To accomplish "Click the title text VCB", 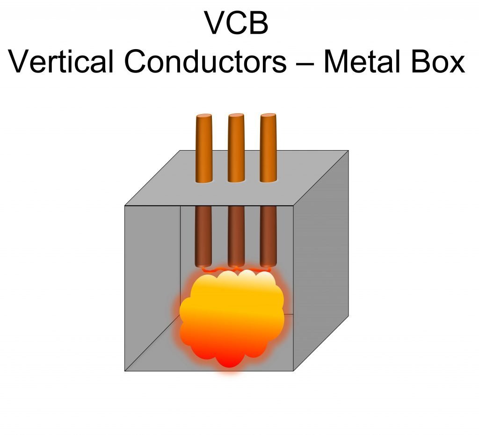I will (236, 23).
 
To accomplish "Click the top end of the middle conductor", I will (236, 116).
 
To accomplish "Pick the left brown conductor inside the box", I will (203, 236).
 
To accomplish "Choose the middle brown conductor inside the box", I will (236, 236).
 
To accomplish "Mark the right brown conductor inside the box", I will (268, 236).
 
